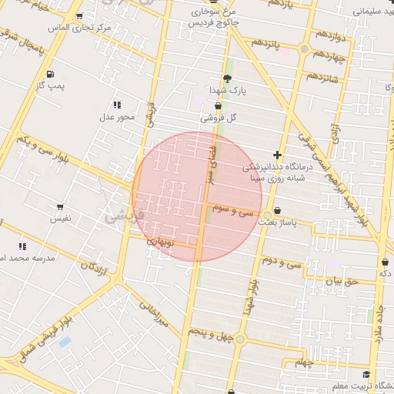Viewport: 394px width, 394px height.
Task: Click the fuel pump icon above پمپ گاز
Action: [50, 74]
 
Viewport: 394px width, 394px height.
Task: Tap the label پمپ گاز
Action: [51, 86]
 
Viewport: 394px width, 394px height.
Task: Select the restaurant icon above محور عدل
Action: [117, 105]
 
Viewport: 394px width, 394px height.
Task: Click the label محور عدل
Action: [117, 117]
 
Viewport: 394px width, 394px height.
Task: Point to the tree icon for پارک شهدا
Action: [226, 78]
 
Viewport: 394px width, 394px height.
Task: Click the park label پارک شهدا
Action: [226, 91]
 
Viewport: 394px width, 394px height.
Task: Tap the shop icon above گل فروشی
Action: [218, 106]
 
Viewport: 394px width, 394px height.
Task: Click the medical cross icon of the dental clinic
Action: [277, 155]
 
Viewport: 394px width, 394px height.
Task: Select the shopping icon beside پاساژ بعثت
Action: [277, 210]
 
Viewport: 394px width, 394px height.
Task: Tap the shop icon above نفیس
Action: [60, 207]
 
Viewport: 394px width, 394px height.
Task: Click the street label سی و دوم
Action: [281, 262]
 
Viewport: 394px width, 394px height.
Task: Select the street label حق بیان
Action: [342, 282]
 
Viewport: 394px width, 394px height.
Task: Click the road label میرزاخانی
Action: [153, 314]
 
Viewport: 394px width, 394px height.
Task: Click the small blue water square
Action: [65, 341]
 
